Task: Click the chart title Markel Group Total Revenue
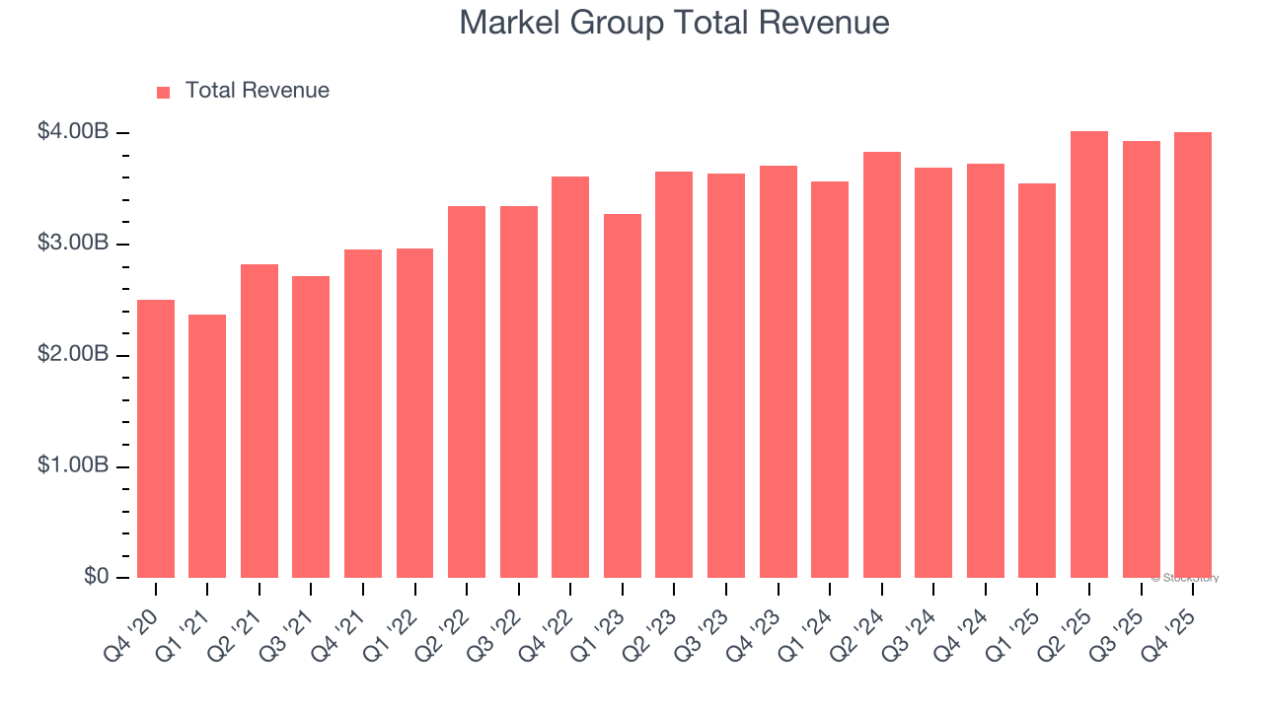(674, 23)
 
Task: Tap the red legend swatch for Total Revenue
(164, 92)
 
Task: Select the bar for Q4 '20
(156, 439)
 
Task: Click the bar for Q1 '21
(207, 446)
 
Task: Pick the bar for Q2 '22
(467, 391)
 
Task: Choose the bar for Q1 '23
(623, 395)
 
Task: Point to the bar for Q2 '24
(882, 365)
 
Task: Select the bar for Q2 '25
(1089, 354)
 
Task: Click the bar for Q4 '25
(1193, 355)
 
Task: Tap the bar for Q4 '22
(570, 377)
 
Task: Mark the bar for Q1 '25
(1037, 381)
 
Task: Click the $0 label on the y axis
(96, 577)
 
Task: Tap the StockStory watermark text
(1185, 578)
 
